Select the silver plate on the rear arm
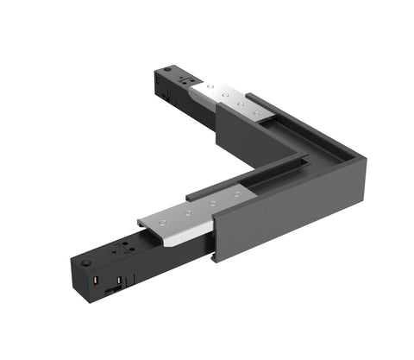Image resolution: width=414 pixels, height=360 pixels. point(226,98)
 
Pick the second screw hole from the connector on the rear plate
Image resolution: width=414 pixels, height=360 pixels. point(222,92)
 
